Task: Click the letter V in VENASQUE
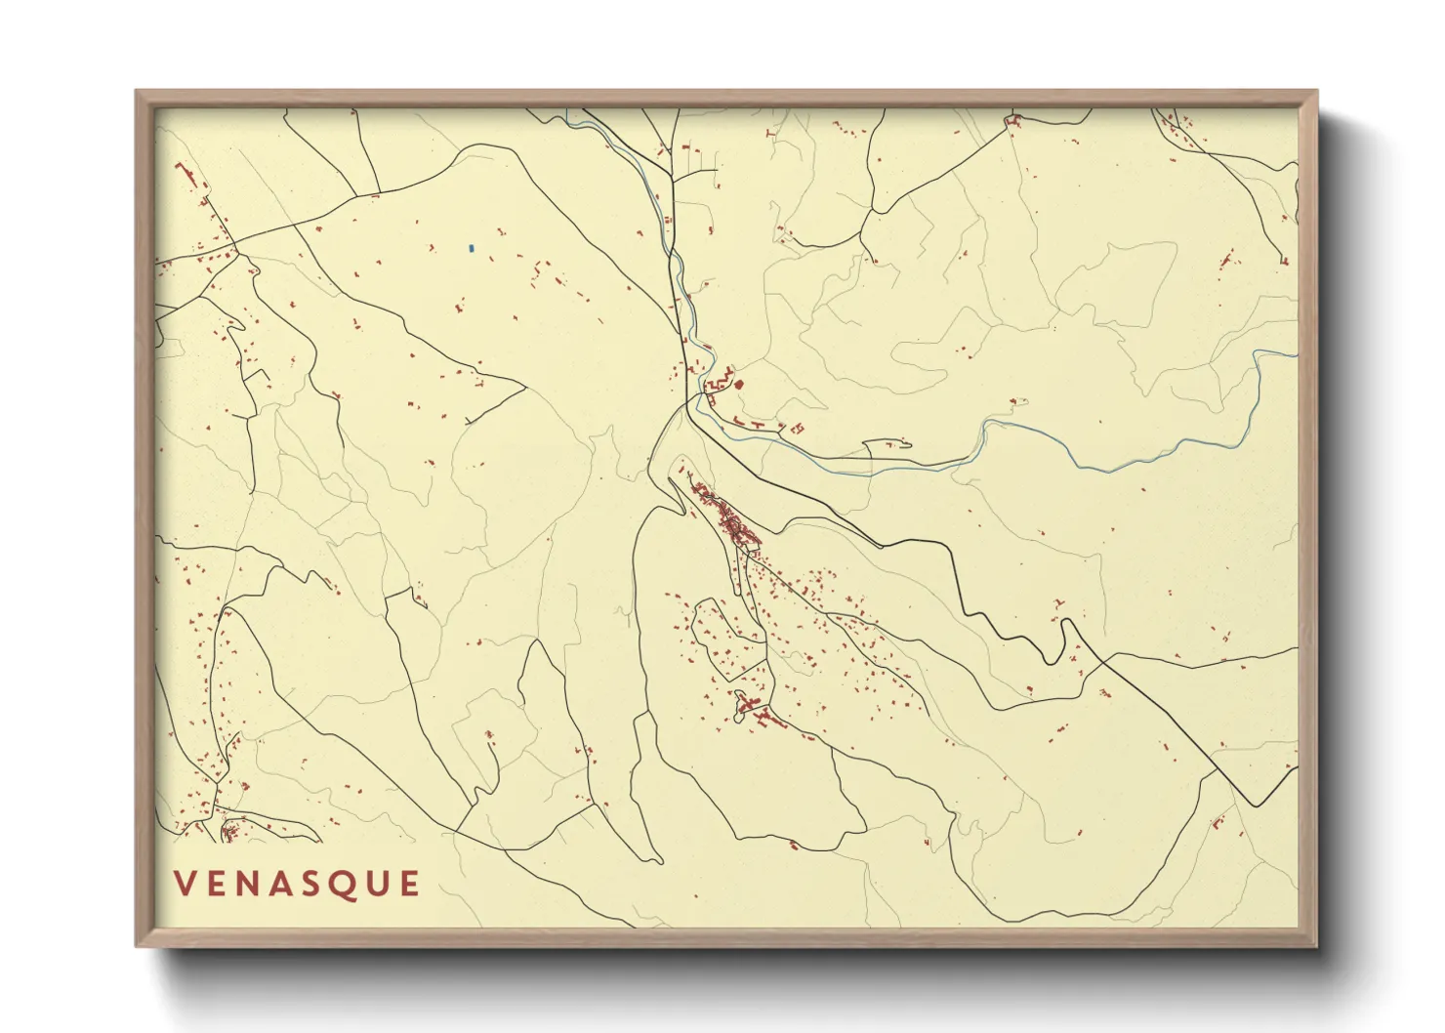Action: (x=185, y=884)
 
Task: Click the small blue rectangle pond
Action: (x=471, y=248)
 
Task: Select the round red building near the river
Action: (x=738, y=384)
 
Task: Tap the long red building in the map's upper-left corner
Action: (x=186, y=176)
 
